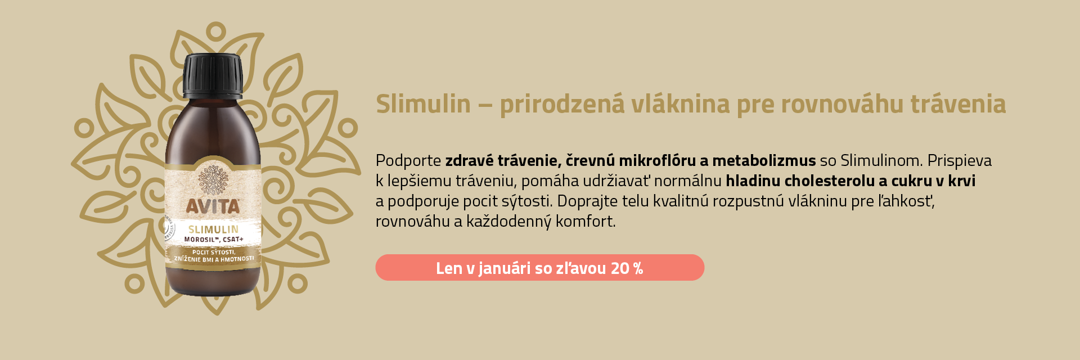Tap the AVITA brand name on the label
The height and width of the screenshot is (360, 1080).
213,206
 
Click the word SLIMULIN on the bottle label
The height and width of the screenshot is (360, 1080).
213,229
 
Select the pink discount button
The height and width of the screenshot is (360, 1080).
539,268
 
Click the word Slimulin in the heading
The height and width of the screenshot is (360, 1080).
423,104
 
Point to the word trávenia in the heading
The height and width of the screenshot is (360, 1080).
958,104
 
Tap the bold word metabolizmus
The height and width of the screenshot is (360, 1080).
763,161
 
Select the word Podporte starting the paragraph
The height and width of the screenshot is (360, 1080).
408,161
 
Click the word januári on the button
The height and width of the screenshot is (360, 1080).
505,268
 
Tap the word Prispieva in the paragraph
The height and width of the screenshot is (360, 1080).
959,161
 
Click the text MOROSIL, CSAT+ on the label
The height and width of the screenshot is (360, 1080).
214,240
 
